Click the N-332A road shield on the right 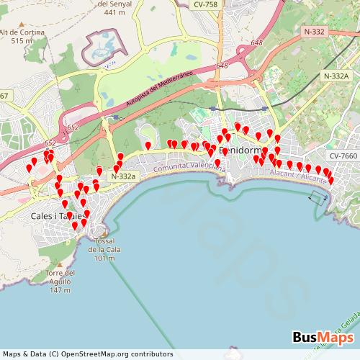(336, 76)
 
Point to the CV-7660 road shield (343, 156)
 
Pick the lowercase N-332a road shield (124, 176)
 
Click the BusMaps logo (323, 337)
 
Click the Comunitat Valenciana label (189, 167)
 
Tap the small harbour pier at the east (318, 197)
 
